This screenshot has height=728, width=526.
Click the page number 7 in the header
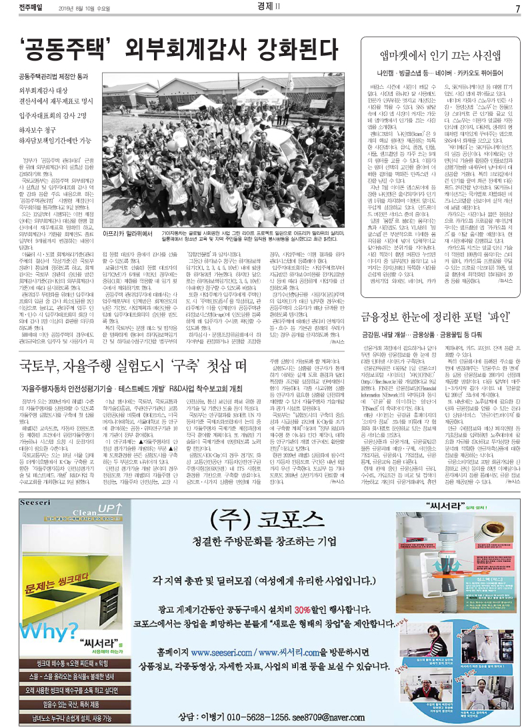coord(517,8)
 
